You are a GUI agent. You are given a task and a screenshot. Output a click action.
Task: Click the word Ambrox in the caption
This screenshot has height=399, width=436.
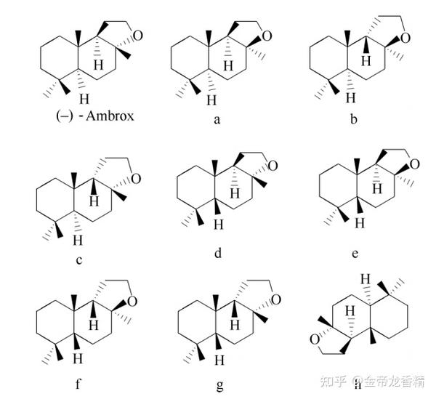click(110, 115)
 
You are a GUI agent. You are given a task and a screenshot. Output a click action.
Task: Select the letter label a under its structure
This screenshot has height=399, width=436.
click(217, 121)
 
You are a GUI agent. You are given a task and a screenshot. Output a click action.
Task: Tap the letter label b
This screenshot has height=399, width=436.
click(353, 121)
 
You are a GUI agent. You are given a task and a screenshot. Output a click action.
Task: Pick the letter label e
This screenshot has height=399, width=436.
click(354, 254)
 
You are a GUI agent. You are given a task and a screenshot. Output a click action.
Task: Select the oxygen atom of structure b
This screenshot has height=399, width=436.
click(405, 37)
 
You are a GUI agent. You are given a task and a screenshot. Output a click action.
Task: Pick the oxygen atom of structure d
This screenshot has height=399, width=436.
click(272, 167)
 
